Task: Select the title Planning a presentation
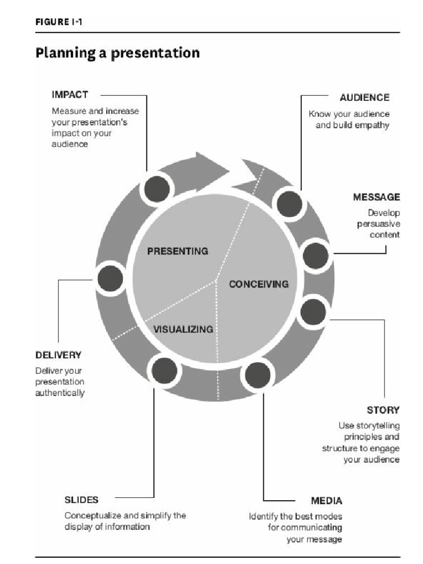(117, 53)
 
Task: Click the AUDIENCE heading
(364, 97)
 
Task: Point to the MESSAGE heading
(377, 197)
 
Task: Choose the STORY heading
(383, 410)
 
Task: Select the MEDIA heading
(327, 501)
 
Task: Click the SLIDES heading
(82, 500)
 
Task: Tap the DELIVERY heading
(58, 354)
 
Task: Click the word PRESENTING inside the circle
(178, 251)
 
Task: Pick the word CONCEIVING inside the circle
(259, 284)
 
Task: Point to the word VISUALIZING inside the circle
(183, 329)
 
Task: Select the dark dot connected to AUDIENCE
(290, 204)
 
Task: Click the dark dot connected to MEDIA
(257, 376)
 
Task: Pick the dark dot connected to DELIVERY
(110, 279)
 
